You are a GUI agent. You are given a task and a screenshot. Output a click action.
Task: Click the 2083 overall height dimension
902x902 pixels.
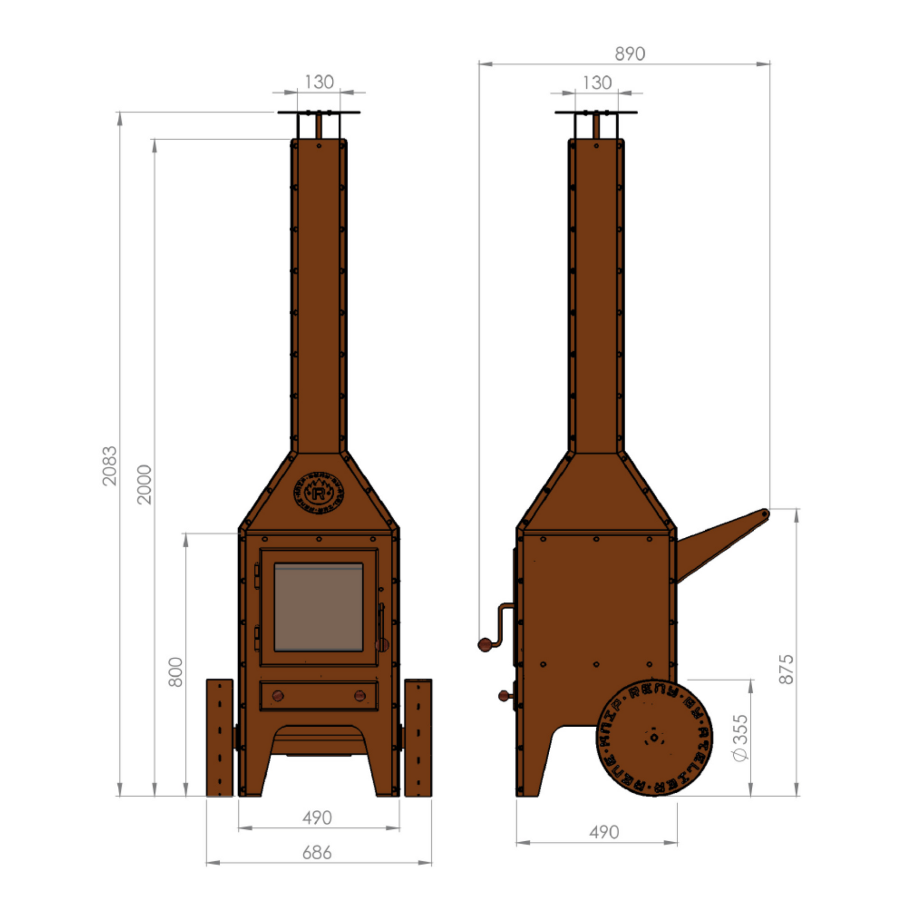pyautogui.click(x=110, y=466)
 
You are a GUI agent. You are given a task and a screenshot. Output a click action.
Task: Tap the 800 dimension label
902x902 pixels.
pyautogui.click(x=176, y=672)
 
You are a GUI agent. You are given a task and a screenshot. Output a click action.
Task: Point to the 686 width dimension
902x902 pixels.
pyautogui.click(x=317, y=853)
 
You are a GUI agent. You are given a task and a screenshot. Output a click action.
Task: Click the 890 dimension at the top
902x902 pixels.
pyautogui.click(x=630, y=54)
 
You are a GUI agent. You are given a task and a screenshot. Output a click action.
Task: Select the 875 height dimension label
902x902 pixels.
pyautogui.click(x=787, y=669)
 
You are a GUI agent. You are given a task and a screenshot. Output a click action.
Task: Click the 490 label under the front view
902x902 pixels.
pyautogui.click(x=317, y=818)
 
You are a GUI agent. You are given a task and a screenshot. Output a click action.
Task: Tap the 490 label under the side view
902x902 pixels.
pyautogui.click(x=604, y=832)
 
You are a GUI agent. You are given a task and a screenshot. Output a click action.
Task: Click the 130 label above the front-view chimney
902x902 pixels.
pyautogui.click(x=319, y=82)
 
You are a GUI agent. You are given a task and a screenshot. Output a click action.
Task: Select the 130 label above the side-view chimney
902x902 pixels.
pyautogui.click(x=597, y=83)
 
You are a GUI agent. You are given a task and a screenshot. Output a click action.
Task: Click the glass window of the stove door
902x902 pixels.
pyautogui.click(x=318, y=607)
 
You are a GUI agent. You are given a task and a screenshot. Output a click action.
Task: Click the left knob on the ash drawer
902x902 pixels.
pyautogui.click(x=278, y=696)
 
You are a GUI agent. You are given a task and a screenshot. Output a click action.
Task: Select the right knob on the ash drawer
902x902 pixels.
pyautogui.click(x=360, y=696)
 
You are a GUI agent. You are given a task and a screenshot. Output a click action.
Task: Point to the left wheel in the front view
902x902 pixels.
pyautogui.click(x=219, y=737)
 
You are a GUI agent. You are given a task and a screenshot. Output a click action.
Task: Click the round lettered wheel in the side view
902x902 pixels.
pyautogui.click(x=654, y=737)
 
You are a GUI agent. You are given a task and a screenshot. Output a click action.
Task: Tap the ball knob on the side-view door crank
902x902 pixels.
pyautogui.click(x=484, y=645)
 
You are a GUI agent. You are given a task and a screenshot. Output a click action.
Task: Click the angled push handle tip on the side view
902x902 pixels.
pyautogui.click(x=764, y=514)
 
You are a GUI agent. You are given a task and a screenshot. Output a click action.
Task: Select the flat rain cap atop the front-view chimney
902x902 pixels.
pyautogui.click(x=319, y=112)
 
